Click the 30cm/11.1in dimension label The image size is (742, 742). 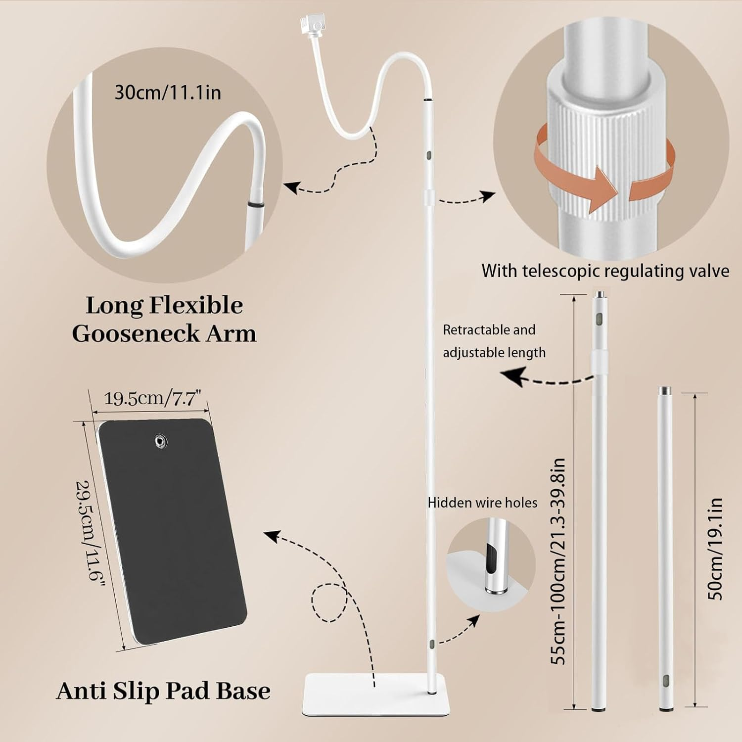pyautogui.click(x=168, y=93)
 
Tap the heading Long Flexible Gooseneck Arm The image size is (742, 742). pyautogui.click(x=164, y=319)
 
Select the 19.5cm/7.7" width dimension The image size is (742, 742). pyautogui.click(x=153, y=398)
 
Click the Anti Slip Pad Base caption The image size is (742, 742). pyautogui.click(x=163, y=691)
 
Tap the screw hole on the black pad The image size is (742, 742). pyautogui.click(x=159, y=440)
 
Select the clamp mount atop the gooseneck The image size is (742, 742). pyautogui.click(x=311, y=25)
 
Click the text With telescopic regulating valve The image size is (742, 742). pyautogui.click(x=605, y=271)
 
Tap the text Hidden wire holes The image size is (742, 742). pyautogui.click(x=482, y=503)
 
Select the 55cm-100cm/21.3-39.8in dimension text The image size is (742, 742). pyautogui.click(x=558, y=561)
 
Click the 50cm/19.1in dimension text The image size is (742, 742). pyautogui.click(x=715, y=549)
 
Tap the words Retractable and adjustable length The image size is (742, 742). pyautogui.click(x=494, y=341)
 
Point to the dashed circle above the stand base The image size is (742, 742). pyautogui.click(x=330, y=602)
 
